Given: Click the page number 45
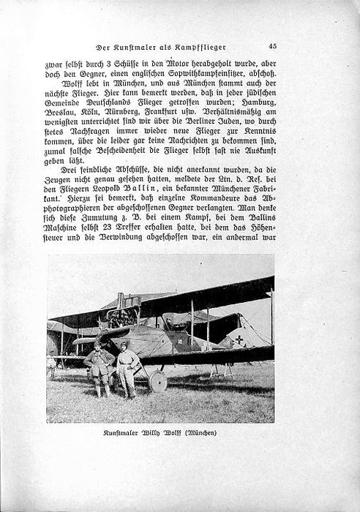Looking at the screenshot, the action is click(272, 46).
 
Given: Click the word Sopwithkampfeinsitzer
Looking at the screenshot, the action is click(194, 75).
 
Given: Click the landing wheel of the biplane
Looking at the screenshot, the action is click(157, 381).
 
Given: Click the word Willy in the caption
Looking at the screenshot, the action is click(151, 433).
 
